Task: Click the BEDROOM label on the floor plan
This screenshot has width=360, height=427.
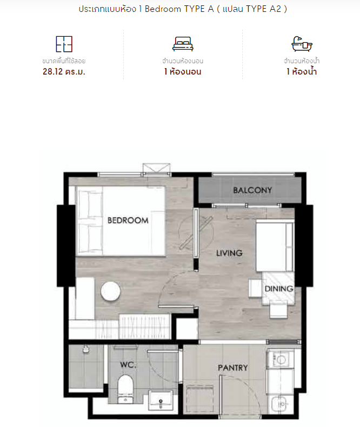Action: [x=128, y=221]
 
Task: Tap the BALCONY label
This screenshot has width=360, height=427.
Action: [x=252, y=190]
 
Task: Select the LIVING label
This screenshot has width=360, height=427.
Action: [x=229, y=253]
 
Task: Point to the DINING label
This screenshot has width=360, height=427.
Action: [x=279, y=289]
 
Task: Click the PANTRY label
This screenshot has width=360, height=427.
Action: [x=233, y=368]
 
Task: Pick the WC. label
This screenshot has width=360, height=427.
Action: [x=128, y=365]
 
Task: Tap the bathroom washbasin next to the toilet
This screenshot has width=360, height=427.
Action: [x=161, y=400]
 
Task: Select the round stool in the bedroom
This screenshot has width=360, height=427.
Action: [x=111, y=291]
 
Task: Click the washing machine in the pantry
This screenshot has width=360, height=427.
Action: [x=281, y=359]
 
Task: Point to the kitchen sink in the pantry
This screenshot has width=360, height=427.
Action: [x=282, y=404]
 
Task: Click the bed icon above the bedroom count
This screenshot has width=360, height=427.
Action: [x=183, y=44]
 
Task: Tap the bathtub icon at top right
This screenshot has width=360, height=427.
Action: [x=302, y=44]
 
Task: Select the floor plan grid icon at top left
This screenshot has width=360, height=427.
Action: [x=64, y=44]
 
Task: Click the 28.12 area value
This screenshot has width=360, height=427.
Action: [x=52, y=72]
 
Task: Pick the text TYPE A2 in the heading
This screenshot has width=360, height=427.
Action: [x=263, y=9]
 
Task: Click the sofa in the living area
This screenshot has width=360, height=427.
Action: [x=275, y=245]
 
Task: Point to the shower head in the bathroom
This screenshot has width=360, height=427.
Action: [x=86, y=349]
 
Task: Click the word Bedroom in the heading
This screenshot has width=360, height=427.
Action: [x=163, y=9]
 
